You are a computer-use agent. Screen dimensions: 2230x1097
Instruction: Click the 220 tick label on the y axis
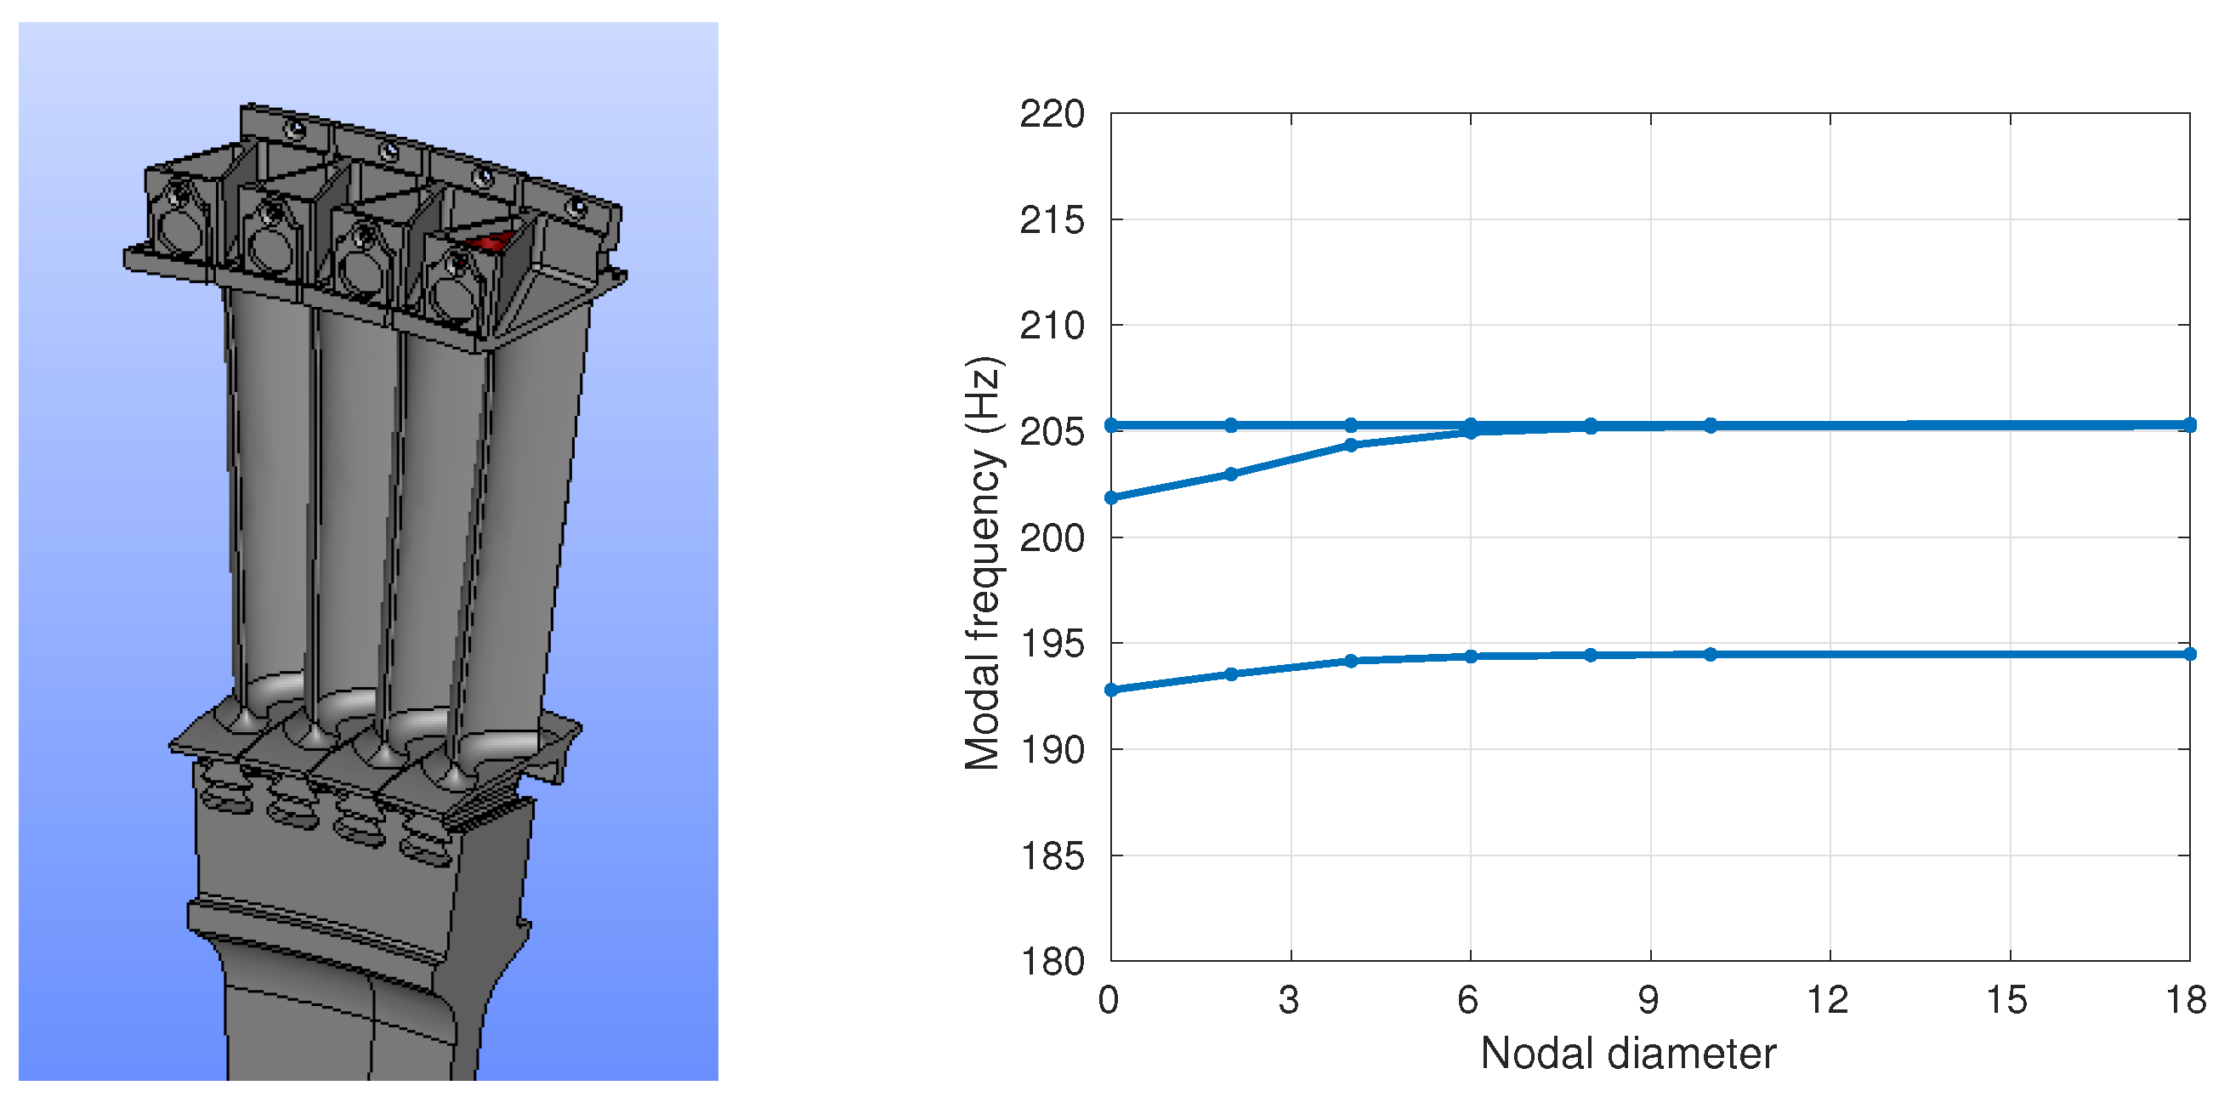tap(1052, 114)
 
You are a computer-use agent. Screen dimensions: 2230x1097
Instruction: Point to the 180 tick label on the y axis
tap(1052, 961)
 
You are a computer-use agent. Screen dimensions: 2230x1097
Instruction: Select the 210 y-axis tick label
tap(1052, 326)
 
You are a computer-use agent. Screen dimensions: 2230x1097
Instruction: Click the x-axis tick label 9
tap(1649, 1000)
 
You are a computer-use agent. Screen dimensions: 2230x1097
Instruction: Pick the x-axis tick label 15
tap(2006, 1000)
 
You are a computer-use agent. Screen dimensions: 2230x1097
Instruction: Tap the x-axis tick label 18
tap(2187, 1000)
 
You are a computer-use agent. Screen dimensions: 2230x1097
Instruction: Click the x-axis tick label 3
tap(1289, 1000)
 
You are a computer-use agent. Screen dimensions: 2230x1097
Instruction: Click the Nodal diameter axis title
tap(1628, 1054)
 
